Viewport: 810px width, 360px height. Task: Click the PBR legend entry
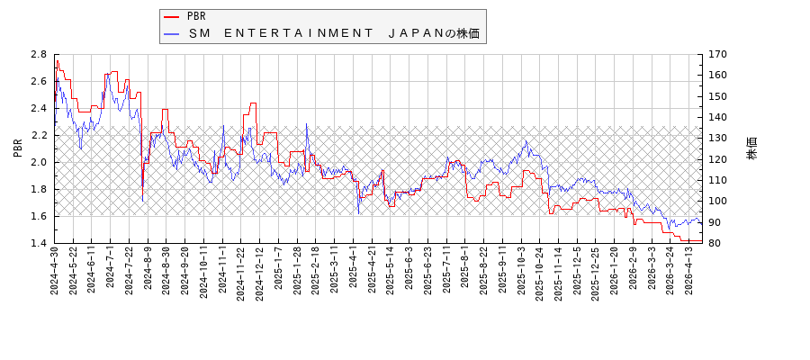[196, 16]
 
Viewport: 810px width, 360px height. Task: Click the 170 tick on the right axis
[717, 54]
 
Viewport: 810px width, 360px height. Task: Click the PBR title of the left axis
[18, 148]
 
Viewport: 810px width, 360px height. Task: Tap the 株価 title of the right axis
[751, 148]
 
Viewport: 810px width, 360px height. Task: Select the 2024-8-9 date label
[148, 269]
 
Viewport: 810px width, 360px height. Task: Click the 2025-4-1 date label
[353, 269]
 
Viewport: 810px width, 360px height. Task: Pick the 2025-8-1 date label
[464, 269]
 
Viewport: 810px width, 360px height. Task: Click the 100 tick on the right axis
[717, 201]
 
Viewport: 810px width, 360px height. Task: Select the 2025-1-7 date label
[278, 269]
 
